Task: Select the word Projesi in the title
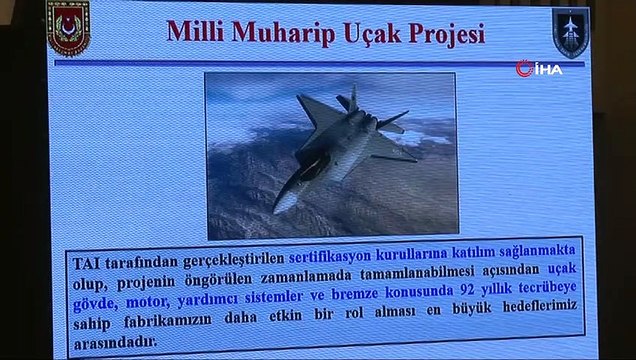click(445, 34)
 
